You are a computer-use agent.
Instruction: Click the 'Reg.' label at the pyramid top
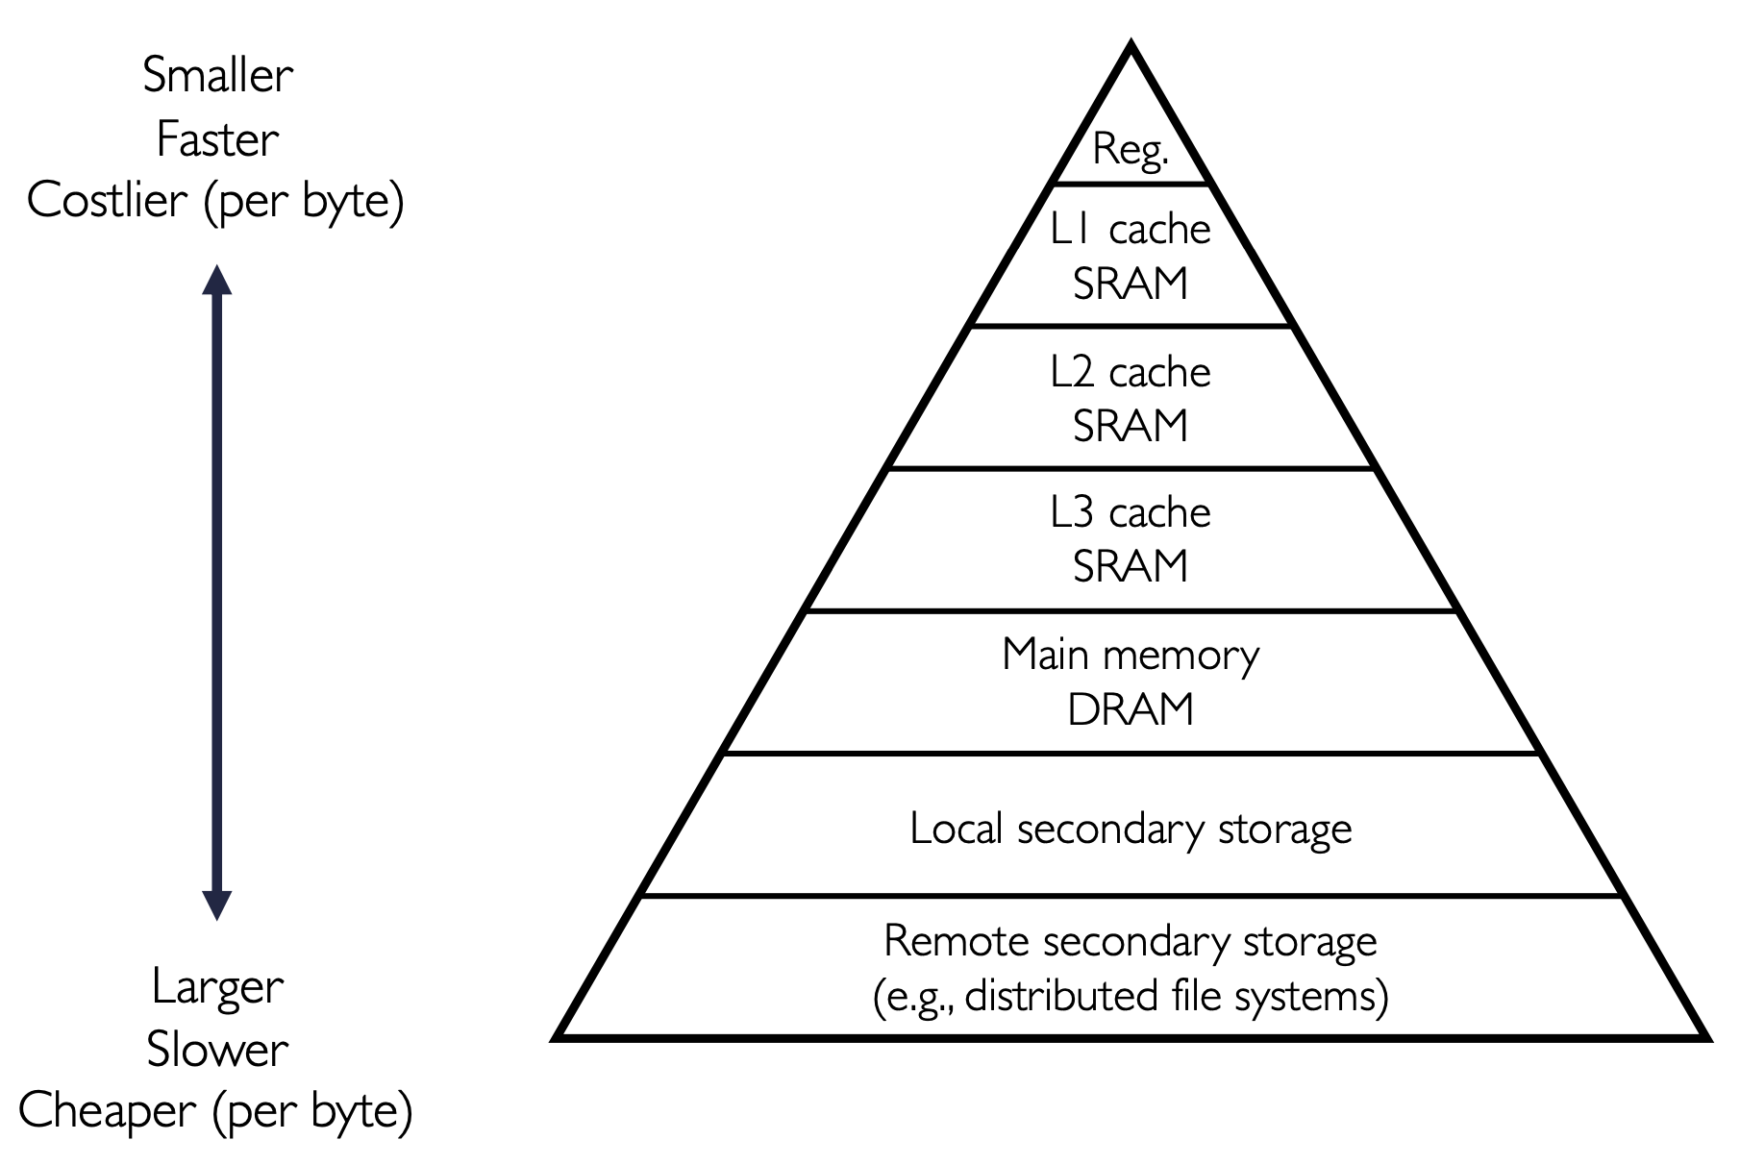[x=1131, y=151]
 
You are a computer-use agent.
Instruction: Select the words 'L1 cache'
[x=1131, y=229]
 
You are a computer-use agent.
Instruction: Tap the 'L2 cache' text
[x=1131, y=372]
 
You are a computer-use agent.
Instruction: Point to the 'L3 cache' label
[x=1131, y=512]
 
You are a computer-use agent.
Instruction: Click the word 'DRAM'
[x=1131, y=709]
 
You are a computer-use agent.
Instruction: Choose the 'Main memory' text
[x=1131, y=656]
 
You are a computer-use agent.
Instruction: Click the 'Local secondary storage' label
[x=1131, y=829]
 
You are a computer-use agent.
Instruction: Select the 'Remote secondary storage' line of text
[x=1131, y=940]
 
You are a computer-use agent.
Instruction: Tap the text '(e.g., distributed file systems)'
[x=1131, y=996]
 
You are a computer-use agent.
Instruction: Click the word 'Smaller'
[x=218, y=75]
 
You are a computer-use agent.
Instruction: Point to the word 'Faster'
[x=218, y=139]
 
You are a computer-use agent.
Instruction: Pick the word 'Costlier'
[x=108, y=201]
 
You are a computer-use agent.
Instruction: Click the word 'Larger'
[x=218, y=986]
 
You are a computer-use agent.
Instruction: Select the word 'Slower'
[x=218, y=1049]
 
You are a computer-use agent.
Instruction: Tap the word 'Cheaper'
[x=108, y=1111]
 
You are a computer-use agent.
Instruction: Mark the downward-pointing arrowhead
[x=217, y=905]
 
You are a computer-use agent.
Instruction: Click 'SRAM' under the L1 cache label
[x=1131, y=284]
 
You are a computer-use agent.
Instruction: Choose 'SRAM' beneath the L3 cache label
[x=1131, y=566]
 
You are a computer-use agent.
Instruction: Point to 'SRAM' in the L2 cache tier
[x=1131, y=426]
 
